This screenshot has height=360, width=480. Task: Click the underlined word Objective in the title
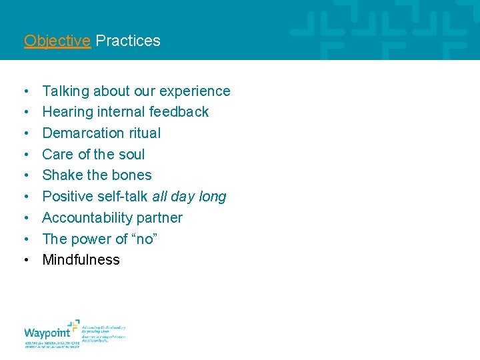(57, 41)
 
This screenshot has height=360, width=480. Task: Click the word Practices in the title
(128, 41)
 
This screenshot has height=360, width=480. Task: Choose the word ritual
(145, 133)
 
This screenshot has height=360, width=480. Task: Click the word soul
(131, 155)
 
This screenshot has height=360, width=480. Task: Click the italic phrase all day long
(189, 197)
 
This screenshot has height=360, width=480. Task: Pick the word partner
(160, 218)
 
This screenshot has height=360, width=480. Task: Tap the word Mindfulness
(81, 260)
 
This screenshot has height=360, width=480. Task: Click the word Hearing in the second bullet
(65, 112)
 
